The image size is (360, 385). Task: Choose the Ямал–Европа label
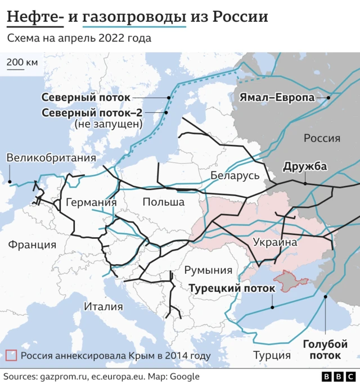[x=277, y=97]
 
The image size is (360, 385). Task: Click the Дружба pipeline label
[x=305, y=167]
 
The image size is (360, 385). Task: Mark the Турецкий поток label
[x=232, y=288]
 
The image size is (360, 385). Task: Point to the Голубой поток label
[x=325, y=350]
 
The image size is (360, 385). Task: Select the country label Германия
[x=91, y=202]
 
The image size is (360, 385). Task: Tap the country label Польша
[x=163, y=202]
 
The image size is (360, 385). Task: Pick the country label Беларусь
[x=235, y=175]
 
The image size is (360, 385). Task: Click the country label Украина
[x=275, y=242]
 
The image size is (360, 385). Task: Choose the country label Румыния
[x=209, y=270]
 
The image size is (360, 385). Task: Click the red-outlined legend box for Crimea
[x=11, y=355]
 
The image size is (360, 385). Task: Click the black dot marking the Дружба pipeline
[x=304, y=183]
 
